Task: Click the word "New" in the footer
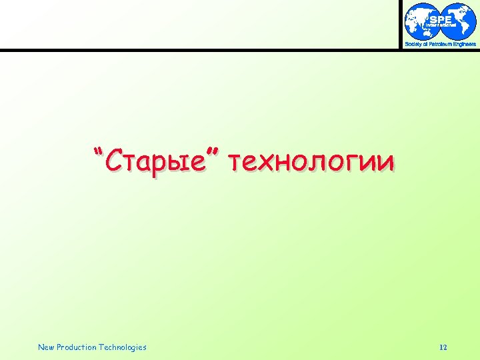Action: [46, 347]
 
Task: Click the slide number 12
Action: [444, 347]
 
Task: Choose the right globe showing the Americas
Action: [460, 21]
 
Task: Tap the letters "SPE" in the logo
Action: [441, 19]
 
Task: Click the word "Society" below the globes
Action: [413, 44]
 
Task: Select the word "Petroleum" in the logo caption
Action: [440, 44]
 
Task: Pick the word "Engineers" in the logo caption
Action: [465, 44]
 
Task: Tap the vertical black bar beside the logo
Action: [401, 24]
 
